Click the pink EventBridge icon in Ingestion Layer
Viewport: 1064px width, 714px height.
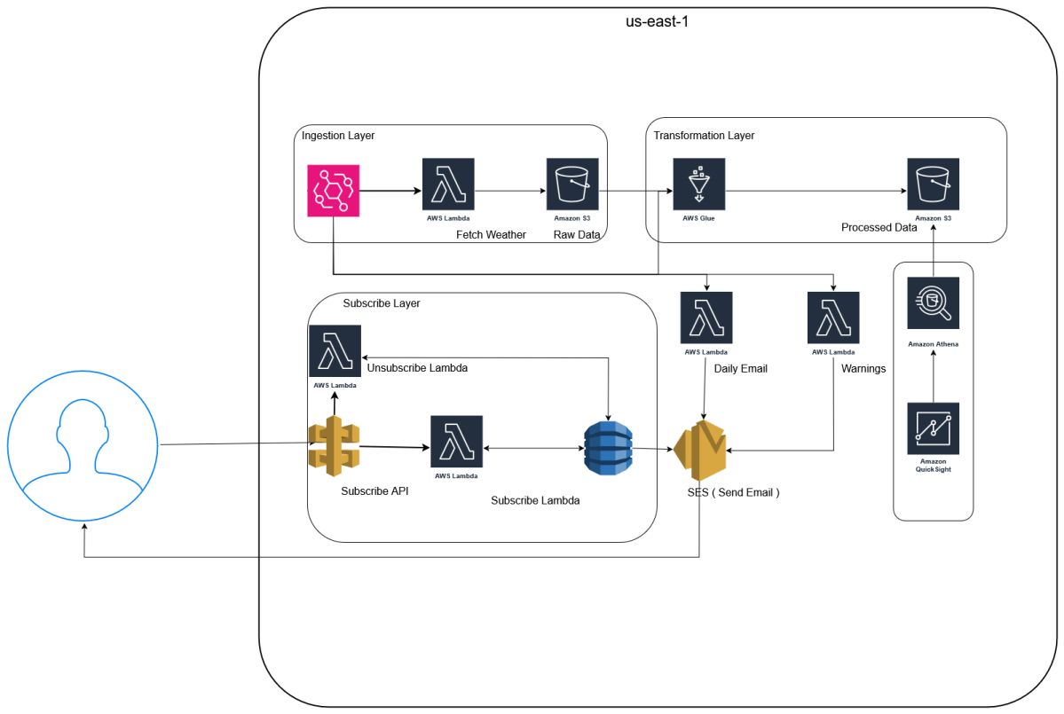pos(333,190)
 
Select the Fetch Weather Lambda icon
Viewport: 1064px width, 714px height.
pos(448,184)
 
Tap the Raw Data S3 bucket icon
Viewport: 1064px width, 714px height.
pos(571,184)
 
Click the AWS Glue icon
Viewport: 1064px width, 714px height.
pos(698,184)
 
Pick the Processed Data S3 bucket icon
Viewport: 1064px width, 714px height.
pos(933,184)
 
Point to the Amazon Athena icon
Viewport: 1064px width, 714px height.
pos(933,303)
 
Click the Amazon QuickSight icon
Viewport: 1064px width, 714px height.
pos(933,428)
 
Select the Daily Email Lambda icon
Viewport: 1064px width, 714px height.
pos(706,318)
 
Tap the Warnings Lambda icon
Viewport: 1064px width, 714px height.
pos(833,318)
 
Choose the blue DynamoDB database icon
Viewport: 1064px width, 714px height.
pos(608,447)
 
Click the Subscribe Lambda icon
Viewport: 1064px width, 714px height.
pos(456,441)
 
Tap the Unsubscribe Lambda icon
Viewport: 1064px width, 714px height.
pos(335,350)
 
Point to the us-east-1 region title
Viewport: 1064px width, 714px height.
pos(657,21)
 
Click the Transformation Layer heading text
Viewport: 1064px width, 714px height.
pos(704,136)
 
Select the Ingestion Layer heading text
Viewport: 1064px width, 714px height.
pos(338,136)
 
